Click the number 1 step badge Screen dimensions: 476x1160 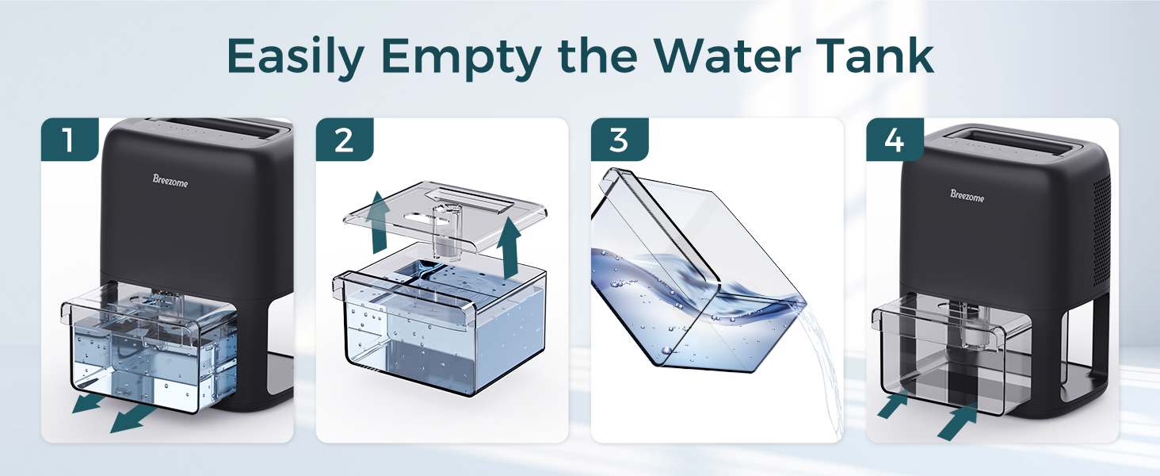[69, 140]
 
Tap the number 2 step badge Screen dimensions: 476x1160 [345, 140]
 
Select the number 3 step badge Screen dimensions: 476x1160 [619, 140]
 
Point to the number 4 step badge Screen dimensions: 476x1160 [895, 140]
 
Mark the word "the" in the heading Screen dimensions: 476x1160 [593, 56]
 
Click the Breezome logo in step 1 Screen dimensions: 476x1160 [170, 180]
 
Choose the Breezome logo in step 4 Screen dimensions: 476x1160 [967, 194]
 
